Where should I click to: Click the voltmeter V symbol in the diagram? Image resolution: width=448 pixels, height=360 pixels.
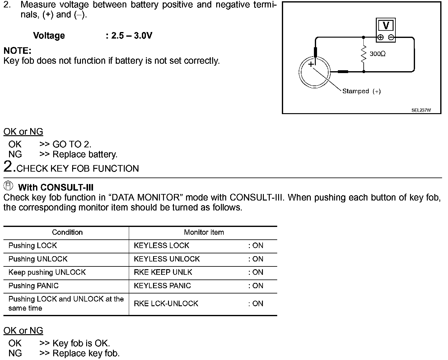386,25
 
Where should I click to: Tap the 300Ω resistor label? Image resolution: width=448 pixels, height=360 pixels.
377,54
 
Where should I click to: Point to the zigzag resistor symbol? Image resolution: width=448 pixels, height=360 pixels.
363,54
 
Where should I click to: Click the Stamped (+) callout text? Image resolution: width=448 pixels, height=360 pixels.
361,91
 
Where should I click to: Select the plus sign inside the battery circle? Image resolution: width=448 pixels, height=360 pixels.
311,64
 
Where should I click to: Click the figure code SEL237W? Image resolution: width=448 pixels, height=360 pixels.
421,110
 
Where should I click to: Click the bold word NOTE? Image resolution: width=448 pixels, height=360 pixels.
17,51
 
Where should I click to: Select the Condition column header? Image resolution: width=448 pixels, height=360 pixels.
67,232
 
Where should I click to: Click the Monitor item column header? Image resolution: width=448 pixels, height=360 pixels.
204,232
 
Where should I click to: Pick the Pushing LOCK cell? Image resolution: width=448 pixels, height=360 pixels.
33,246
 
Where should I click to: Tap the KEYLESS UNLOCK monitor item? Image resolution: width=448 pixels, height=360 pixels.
167,259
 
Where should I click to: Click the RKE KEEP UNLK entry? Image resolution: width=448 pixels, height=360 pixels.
163,272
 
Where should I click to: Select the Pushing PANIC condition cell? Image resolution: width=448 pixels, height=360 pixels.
34,286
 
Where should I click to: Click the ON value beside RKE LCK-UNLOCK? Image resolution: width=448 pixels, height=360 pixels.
256,304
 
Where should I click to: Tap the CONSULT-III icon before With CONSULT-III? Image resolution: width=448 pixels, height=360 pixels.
8,186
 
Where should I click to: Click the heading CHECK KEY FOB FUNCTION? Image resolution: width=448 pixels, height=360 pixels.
78,168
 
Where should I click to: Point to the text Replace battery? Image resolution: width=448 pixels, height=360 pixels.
85,154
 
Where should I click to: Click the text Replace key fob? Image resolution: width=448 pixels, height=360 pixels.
86,353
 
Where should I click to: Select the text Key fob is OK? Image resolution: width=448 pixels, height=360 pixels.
81,343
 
